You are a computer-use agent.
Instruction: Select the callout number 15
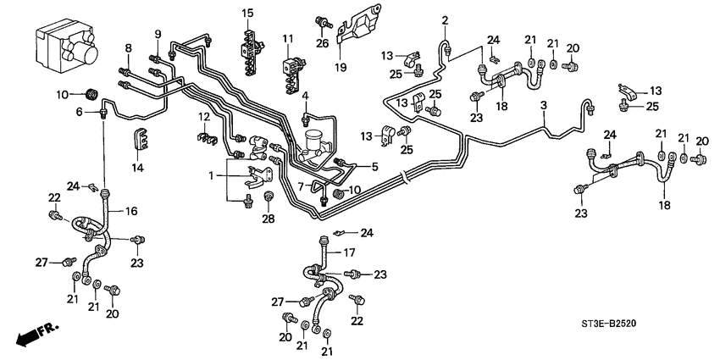[x=246, y=13]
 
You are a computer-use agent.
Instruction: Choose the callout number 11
[x=287, y=39]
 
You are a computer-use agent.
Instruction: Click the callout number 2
[x=445, y=19]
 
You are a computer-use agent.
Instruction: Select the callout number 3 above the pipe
[x=545, y=105]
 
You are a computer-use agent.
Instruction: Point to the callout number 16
[x=130, y=211]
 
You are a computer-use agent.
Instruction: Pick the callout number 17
[x=347, y=252]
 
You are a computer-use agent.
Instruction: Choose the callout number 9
[x=158, y=33]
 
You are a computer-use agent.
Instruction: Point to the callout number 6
[x=80, y=111]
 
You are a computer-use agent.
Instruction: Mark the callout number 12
[x=203, y=116]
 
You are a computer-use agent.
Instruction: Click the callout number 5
[x=374, y=166]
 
